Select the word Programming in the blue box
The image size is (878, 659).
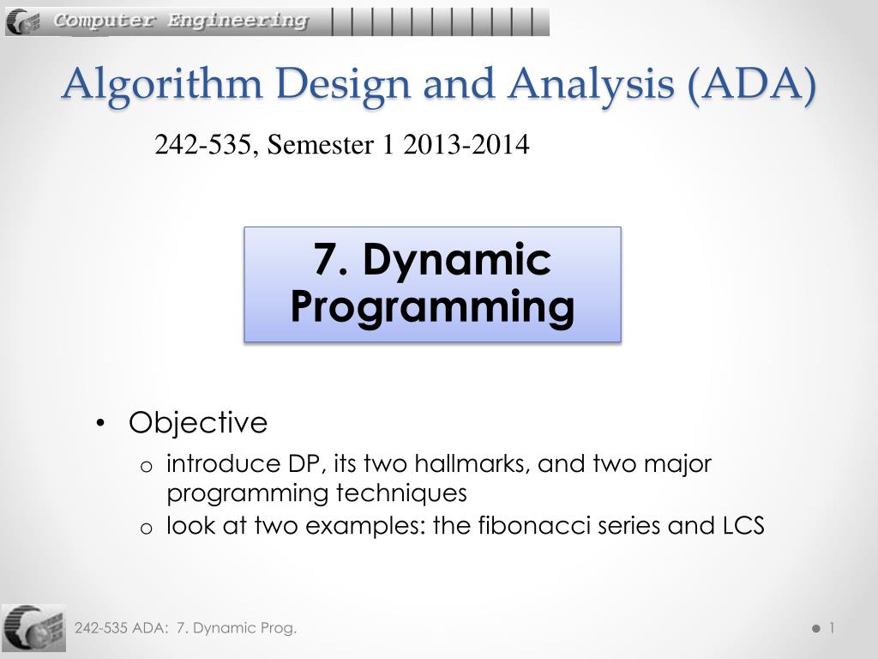point(432,306)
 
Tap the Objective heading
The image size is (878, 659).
point(198,423)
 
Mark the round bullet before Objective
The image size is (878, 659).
point(102,423)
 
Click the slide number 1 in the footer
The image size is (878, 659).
point(831,628)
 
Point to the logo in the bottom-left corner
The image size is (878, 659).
point(33,627)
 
